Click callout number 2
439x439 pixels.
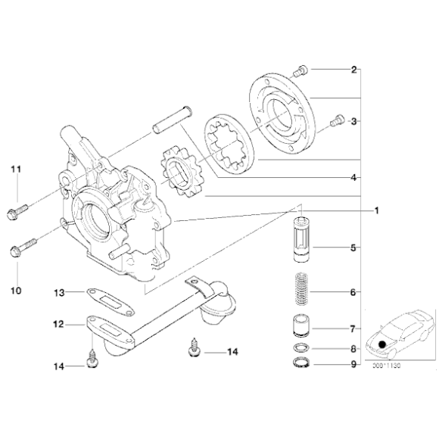(x=353, y=70)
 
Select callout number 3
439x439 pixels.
(x=353, y=120)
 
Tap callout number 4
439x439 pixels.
(x=353, y=179)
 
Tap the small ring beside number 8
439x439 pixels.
(x=302, y=349)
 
